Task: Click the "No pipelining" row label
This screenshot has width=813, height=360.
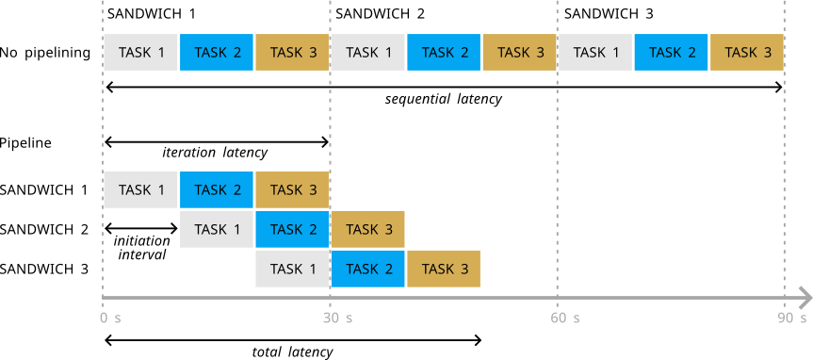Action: tap(45, 53)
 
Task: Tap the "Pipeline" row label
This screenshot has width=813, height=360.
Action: tap(26, 143)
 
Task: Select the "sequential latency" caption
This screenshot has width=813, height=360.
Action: tap(444, 99)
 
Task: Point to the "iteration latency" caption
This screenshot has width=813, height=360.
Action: tap(215, 153)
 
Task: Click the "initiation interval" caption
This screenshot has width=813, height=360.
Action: tap(141, 248)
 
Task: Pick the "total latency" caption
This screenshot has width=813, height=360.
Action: tap(292, 352)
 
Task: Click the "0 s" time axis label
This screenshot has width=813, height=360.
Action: tap(110, 318)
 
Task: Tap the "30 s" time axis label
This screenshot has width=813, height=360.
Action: tap(337, 318)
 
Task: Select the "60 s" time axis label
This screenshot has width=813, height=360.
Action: tap(564, 318)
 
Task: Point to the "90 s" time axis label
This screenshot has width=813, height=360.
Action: tap(792, 318)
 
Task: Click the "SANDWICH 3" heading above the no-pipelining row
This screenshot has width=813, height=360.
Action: tap(609, 13)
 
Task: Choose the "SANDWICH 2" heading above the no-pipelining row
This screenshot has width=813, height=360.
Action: tap(380, 13)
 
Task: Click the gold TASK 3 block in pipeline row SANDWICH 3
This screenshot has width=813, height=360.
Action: tap(444, 269)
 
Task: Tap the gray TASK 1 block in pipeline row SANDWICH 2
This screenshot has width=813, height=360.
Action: tap(217, 229)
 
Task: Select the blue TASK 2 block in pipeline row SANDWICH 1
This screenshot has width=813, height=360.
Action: tap(217, 189)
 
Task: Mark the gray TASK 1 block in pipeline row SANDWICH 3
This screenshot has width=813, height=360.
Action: tap(292, 269)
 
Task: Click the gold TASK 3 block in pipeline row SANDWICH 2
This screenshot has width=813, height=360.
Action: tap(368, 229)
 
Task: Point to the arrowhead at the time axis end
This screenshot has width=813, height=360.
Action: tap(806, 298)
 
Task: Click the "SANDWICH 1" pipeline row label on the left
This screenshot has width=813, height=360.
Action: tap(44, 189)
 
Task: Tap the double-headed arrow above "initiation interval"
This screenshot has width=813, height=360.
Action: tap(141, 228)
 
